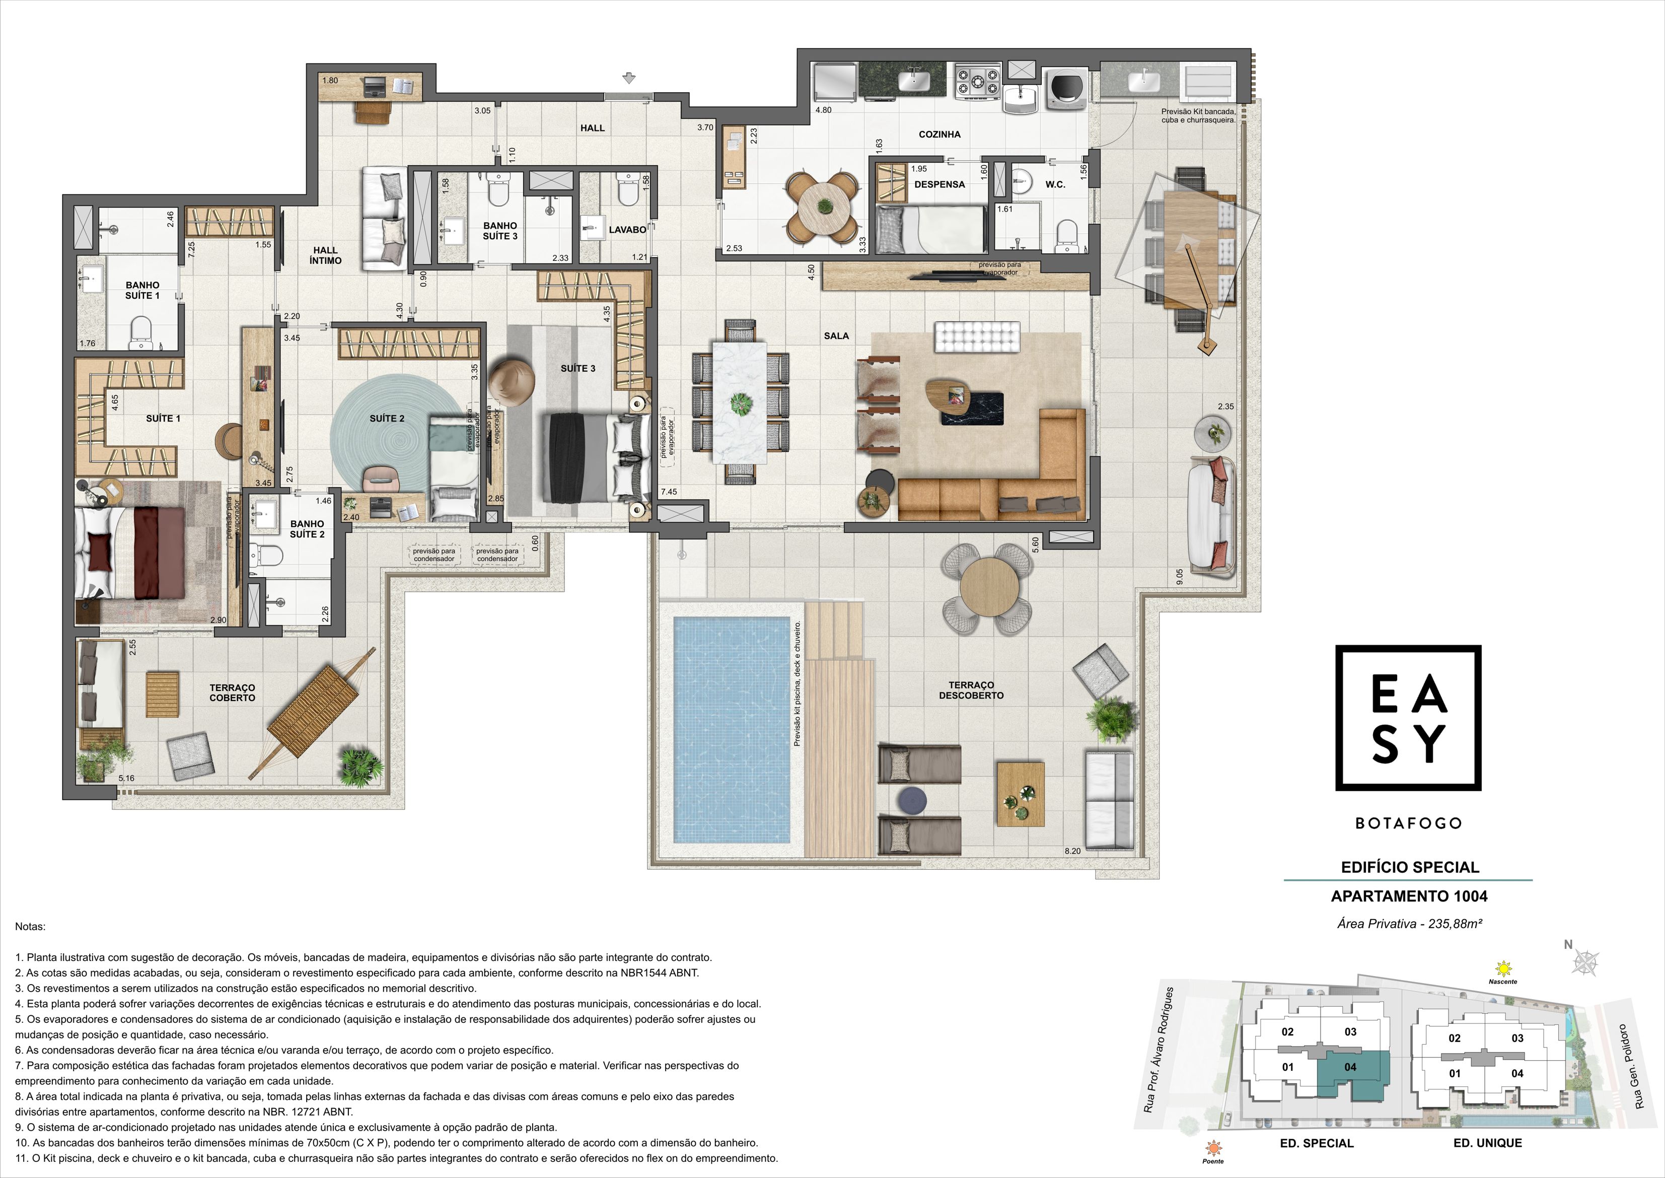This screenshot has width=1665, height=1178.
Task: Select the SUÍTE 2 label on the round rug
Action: (x=387, y=419)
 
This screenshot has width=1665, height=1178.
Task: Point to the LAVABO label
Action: (x=627, y=230)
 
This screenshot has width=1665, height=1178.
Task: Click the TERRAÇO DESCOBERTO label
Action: (x=971, y=690)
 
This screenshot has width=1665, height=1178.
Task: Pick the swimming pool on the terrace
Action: (x=731, y=729)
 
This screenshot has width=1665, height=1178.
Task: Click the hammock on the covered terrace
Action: (x=313, y=713)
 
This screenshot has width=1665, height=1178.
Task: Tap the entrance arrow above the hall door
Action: (x=629, y=78)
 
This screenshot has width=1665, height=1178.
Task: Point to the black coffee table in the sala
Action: (x=972, y=408)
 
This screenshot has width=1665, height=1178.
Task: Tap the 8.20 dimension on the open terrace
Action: (x=1072, y=851)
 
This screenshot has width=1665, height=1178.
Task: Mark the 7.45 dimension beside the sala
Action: (x=668, y=492)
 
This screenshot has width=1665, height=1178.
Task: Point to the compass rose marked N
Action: (x=1585, y=962)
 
